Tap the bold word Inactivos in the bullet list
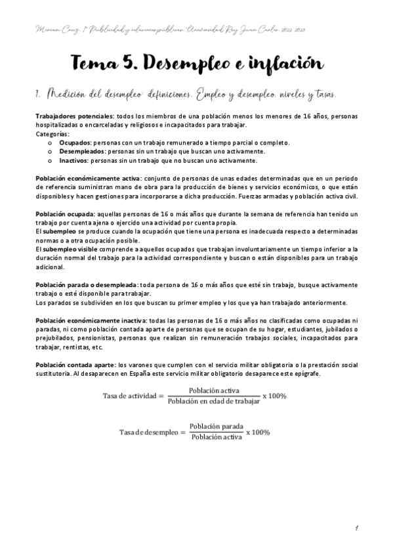74,160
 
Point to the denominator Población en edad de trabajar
213,401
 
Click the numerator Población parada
213,426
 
